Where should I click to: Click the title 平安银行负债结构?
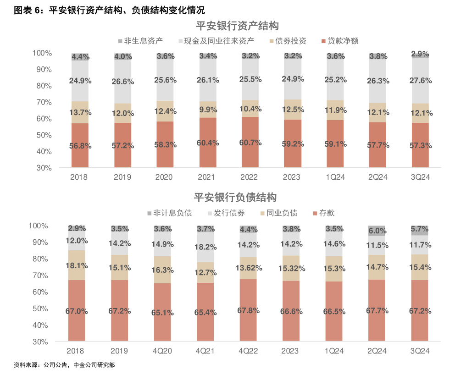click(235, 198)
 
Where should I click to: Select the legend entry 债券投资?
click(291, 41)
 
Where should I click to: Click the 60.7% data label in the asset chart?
click(250, 143)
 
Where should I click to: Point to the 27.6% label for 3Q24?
click(420, 81)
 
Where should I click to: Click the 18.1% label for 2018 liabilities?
click(77, 265)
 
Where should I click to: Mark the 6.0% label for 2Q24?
click(377, 231)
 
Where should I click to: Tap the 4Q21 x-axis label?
click(205, 351)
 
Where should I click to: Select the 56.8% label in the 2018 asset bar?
click(80, 146)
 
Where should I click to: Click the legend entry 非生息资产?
click(140, 41)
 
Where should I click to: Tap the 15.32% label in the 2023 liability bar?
click(291, 268)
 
